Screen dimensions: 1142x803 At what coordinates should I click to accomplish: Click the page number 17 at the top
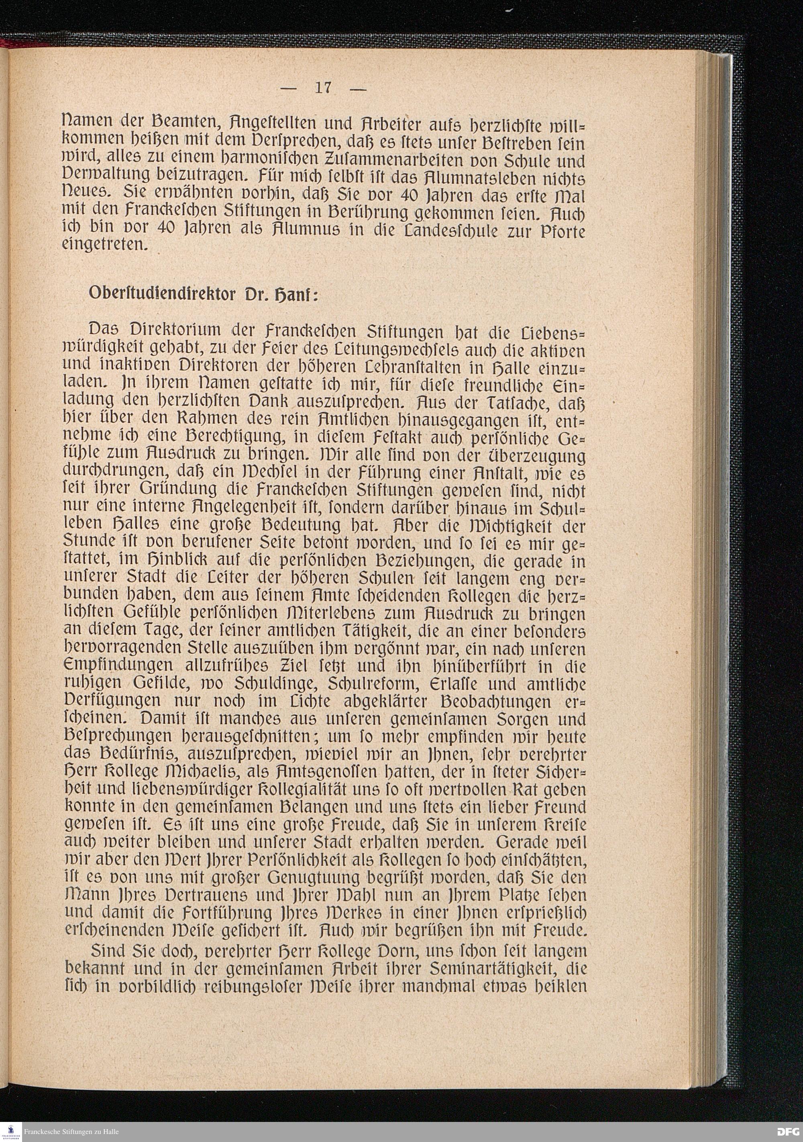click(x=323, y=88)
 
